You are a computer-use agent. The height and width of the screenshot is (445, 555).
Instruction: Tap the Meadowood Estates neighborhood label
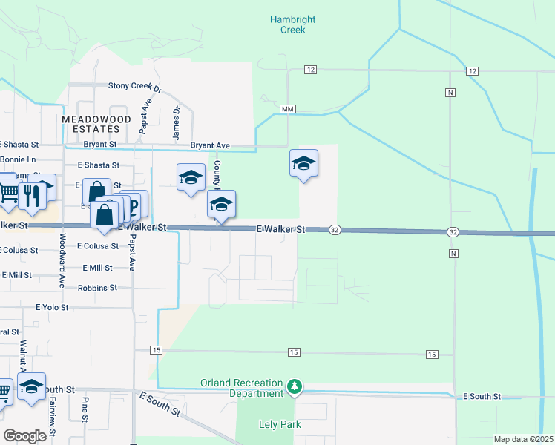(x=96, y=124)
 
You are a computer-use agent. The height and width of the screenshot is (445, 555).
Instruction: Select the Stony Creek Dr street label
(x=135, y=86)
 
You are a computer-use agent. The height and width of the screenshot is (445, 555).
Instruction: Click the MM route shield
(x=288, y=109)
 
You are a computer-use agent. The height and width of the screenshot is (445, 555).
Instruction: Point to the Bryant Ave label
(x=210, y=145)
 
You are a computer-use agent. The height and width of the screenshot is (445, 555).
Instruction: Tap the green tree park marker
(x=295, y=386)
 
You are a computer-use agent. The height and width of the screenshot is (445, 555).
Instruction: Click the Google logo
(x=24, y=436)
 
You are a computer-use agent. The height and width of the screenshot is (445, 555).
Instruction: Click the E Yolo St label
(x=52, y=306)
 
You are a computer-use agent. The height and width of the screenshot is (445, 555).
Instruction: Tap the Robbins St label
(x=97, y=287)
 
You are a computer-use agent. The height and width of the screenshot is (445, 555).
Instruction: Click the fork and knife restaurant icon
(x=30, y=194)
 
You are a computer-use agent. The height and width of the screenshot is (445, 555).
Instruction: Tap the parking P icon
(x=134, y=205)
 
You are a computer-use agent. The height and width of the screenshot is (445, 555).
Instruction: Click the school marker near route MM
(x=303, y=163)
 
